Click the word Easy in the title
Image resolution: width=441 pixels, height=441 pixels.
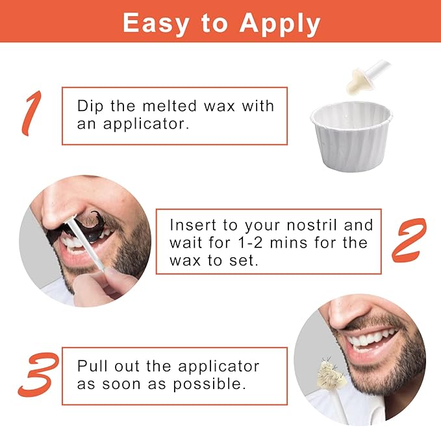point(153,23)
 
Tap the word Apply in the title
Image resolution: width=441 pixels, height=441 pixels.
point(281,25)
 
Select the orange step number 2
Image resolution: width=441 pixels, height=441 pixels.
point(409,240)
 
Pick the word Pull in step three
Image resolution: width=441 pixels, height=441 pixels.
point(92,366)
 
